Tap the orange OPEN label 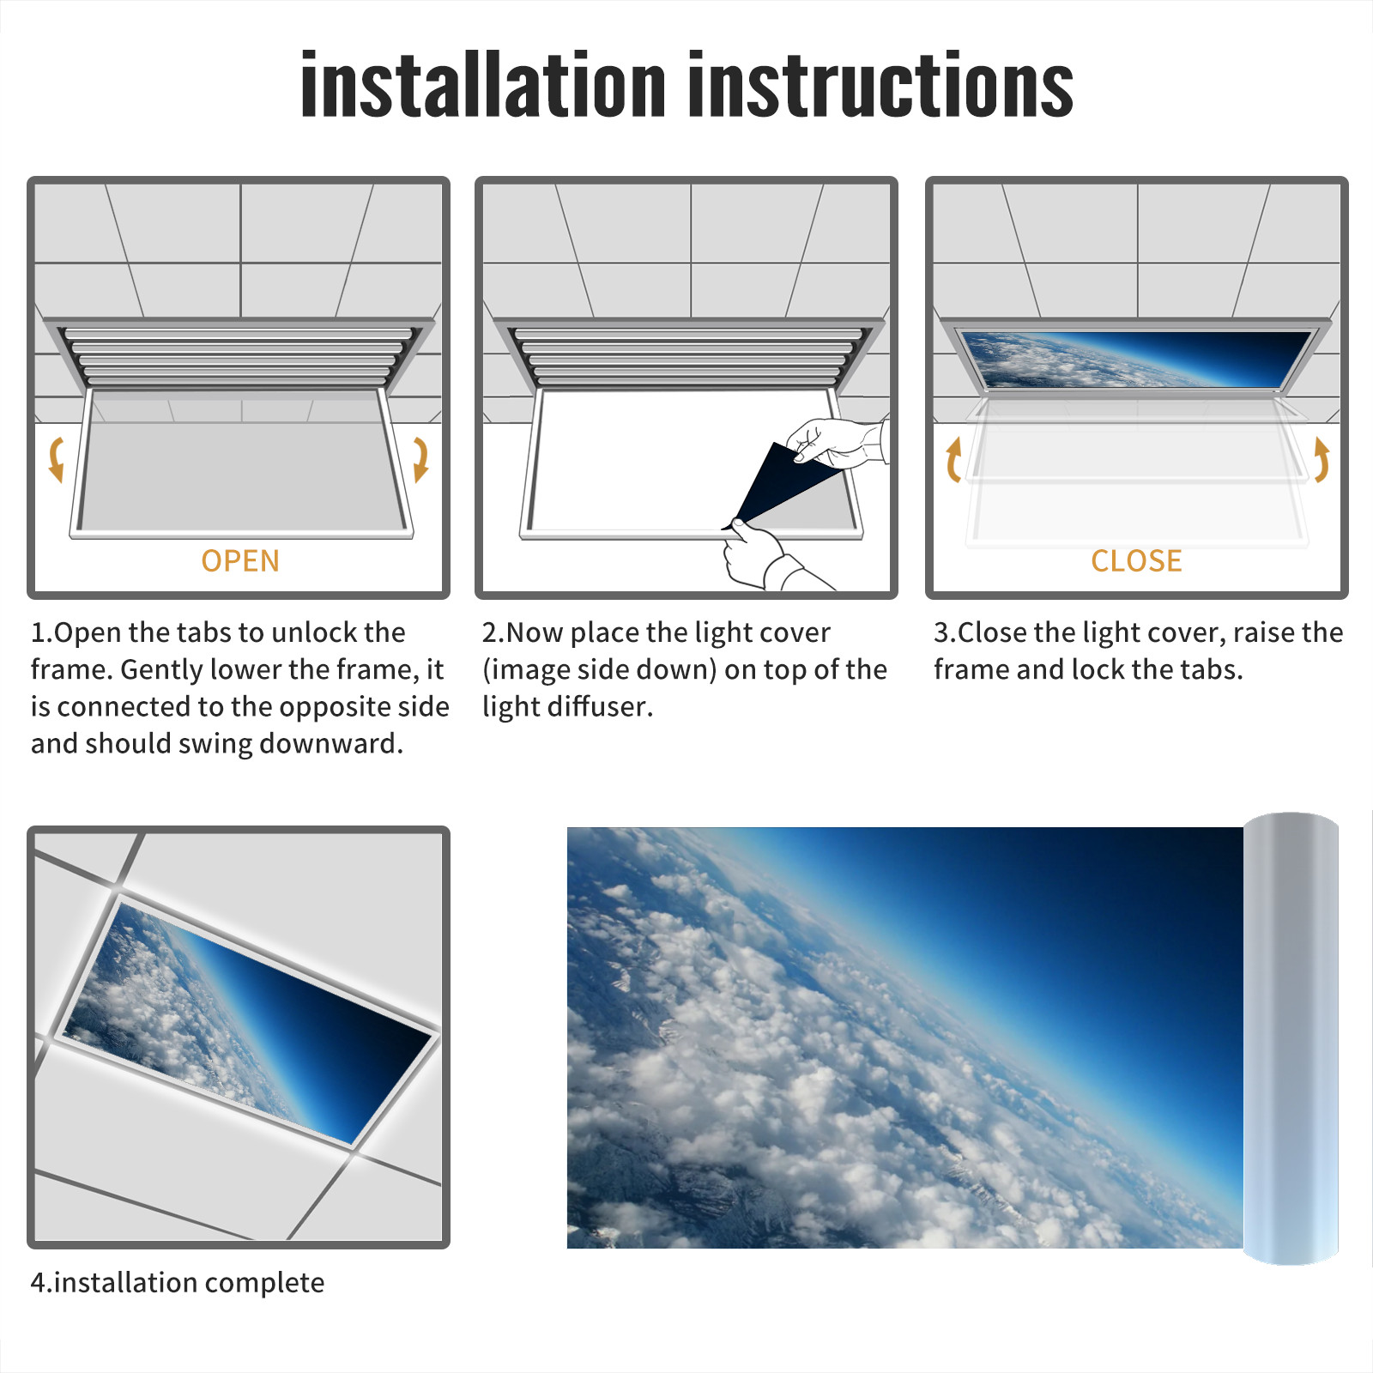click(x=240, y=560)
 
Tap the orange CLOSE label click(x=1136, y=560)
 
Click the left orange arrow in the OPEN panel click(x=57, y=458)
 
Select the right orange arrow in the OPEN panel click(x=420, y=458)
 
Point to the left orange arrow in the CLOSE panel click(x=953, y=459)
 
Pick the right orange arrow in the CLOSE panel click(x=1322, y=459)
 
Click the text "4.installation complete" click(x=178, y=1282)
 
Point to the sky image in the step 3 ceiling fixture click(x=1134, y=359)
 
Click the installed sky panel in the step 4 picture click(x=249, y=1021)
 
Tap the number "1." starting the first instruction click(x=42, y=632)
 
